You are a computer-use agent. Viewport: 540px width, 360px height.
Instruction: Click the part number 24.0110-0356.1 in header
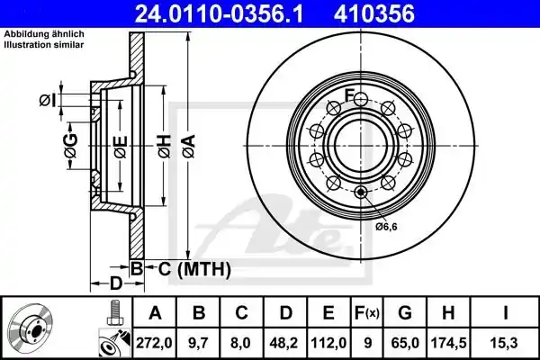tap(219, 14)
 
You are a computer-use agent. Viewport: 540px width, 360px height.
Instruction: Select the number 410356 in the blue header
tap(374, 14)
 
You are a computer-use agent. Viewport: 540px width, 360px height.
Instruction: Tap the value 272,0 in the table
tap(154, 343)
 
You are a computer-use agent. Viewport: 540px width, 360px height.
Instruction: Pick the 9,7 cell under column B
tap(198, 343)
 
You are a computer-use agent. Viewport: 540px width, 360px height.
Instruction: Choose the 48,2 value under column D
tap(284, 343)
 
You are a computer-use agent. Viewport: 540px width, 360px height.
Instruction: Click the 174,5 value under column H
tap(449, 343)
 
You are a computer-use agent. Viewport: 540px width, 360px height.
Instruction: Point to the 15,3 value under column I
tap(505, 343)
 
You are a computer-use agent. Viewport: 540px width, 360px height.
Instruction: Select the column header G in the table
tap(405, 313)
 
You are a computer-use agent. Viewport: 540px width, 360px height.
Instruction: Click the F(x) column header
tap(367, 313)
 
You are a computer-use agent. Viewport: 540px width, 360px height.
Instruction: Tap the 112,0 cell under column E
tap(328, 343)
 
